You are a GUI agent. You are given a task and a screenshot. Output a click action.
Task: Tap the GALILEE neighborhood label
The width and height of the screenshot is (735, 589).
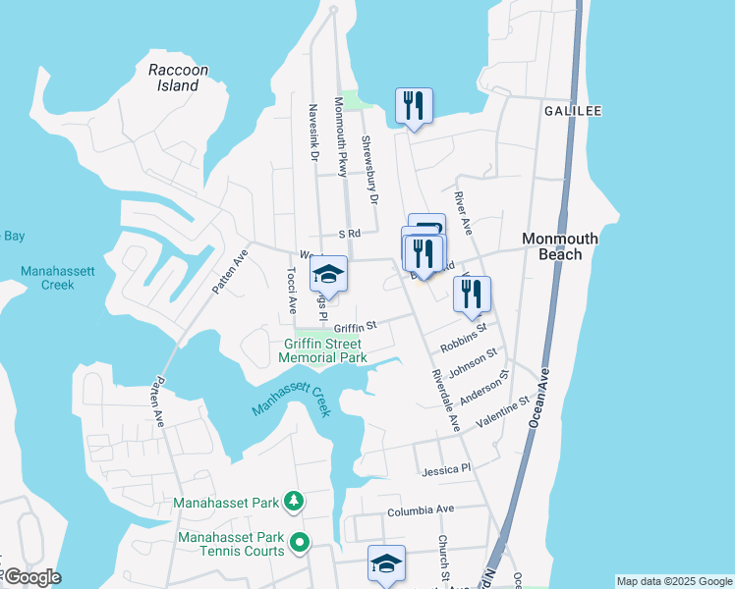tap(573, 111)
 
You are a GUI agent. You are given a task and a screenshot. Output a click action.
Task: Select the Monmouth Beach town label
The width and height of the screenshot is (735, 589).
tap(566, 246)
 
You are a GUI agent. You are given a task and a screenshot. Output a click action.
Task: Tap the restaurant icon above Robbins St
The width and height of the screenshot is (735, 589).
tap(472, 293)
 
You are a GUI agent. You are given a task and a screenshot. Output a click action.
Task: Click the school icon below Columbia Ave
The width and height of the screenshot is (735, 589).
tap(386, 563)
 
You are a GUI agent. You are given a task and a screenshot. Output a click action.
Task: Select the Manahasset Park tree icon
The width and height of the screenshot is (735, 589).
tap(293, 503)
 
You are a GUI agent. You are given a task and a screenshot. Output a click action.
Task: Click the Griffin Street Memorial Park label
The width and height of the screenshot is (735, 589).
tap(325, 350)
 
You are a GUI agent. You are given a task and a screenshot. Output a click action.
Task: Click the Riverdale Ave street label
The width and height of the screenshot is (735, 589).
tap(445, 402)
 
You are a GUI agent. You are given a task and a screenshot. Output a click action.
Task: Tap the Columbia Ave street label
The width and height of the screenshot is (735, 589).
tap(421, 510)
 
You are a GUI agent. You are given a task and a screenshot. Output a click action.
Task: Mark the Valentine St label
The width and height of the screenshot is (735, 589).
tap(503, 410)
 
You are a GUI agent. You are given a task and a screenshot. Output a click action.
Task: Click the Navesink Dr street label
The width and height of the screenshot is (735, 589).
tap(313, 134)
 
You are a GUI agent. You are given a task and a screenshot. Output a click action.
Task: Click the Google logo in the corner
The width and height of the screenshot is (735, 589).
tap(31, 577)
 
